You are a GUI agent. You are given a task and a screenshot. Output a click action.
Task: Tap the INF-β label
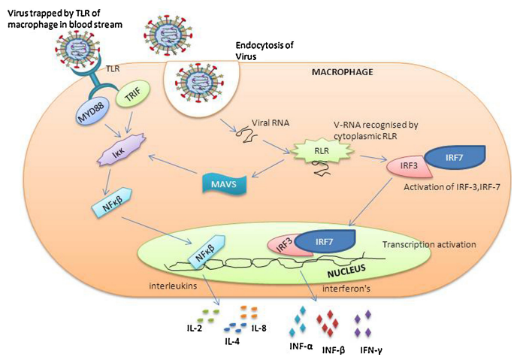pos(333,349)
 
